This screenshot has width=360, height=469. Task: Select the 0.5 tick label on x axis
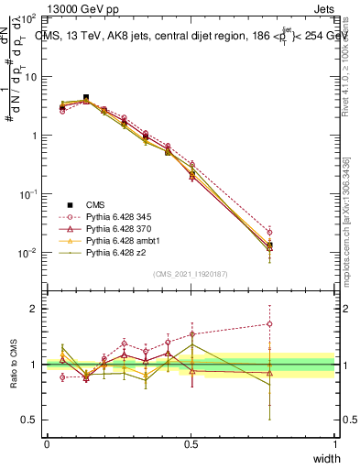pos(191,444)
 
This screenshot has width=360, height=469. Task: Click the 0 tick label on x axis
pos(47,444)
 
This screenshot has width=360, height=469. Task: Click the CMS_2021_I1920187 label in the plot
pos(191,274)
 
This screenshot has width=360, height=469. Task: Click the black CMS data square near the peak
pos(86,97)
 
